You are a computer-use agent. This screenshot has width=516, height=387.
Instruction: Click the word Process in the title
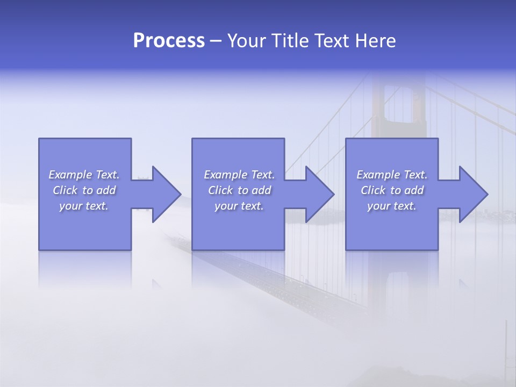(169, 41)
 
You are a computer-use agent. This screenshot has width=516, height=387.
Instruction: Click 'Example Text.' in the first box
(84, 175)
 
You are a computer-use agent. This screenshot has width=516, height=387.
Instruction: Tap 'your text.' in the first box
(84, 206)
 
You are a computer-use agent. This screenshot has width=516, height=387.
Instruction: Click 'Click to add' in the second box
(239, 190)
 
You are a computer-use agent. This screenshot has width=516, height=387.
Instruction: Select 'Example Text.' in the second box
(239, 175)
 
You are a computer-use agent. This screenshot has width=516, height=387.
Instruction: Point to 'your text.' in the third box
(392, 206)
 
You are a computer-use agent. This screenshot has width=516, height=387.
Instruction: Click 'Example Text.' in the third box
(392, 175)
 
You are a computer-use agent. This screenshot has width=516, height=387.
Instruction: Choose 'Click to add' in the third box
(392, 190)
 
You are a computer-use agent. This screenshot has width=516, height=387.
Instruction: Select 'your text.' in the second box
(239, 206)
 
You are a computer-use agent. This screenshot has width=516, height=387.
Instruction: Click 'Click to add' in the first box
(84, 190)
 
